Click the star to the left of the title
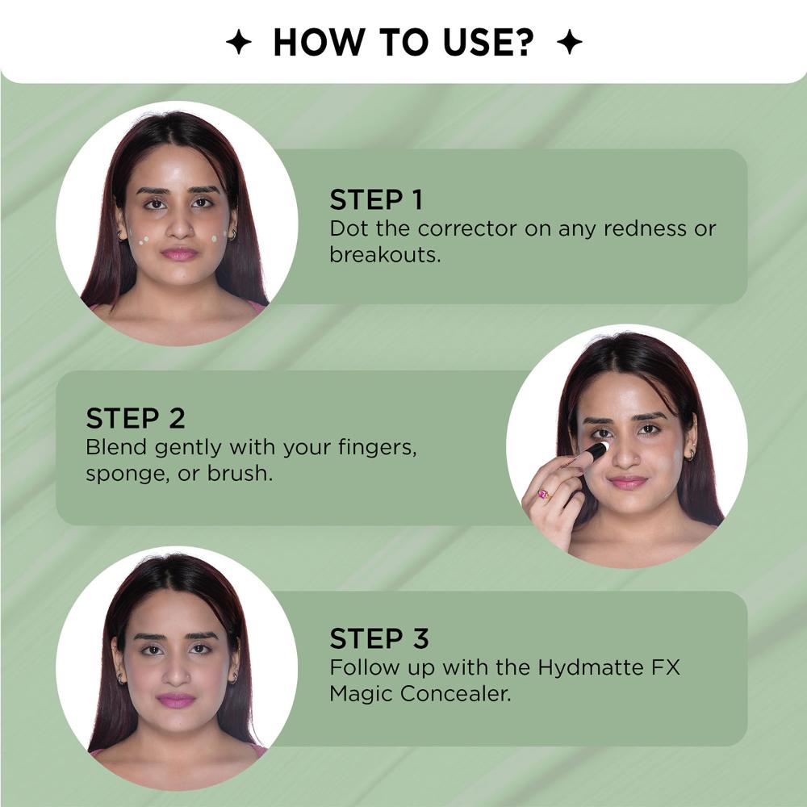click(239, 42)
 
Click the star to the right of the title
click(570, 42)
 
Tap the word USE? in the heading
click(488, 42)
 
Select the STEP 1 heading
click(376, 199)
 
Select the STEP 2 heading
click(136, 418)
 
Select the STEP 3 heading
click(379, 638)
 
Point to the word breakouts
click(386, 255)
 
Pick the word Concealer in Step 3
click(456, 694)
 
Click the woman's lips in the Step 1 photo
click(180, 253)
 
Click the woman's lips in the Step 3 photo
click(176, 700)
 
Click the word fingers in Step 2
click(377, 448)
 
